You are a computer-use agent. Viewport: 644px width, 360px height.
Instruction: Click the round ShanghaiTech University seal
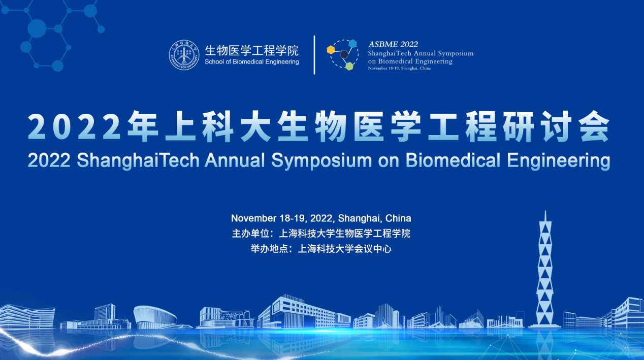click(184, 55)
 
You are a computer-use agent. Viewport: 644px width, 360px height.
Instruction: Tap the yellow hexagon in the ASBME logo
click(331, 50)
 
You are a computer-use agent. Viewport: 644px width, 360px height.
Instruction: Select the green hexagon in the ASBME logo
click(349, 66)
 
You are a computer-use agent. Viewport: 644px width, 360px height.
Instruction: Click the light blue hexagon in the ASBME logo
click(353, 44)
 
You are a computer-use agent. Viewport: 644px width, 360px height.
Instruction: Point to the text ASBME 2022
click(393, 44)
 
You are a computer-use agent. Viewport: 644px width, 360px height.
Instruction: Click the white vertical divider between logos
click(314, 55)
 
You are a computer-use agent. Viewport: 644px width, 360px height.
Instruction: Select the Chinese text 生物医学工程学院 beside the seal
click(251, 51)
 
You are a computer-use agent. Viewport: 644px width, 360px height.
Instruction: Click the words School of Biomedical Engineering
click(251, 62)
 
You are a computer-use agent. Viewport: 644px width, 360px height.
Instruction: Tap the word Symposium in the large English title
click(321, 161)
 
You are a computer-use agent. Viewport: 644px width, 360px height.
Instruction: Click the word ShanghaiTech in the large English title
click(138, 160)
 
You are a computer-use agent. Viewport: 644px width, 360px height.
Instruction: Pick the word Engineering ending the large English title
click(558, 161)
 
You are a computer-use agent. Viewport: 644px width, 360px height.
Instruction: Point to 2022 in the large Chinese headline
click(74, 127)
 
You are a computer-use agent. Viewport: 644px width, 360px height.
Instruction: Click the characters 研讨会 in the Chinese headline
click(556, 126)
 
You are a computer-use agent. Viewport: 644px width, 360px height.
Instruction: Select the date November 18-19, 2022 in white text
click(282, 218)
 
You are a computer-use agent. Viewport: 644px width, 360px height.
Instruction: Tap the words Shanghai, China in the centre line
click(374, 218)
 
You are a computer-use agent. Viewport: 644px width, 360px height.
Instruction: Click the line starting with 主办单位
click(321, 234)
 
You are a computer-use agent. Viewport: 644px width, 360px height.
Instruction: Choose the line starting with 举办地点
click(321, 249)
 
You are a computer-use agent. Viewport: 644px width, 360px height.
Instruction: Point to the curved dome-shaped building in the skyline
click(155, 317)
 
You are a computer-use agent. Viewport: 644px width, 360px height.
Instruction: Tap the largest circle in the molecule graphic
click(37, 28)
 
